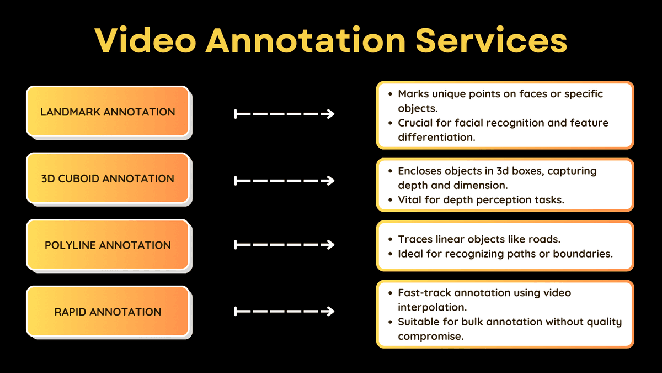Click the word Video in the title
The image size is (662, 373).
[146, 40]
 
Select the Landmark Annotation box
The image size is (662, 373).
[108, 112]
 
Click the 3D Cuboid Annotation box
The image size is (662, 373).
[108, 178]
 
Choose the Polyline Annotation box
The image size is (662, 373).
[108, 245]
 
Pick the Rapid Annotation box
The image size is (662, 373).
[108, 312]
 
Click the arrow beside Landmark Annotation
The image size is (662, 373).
[284, 114]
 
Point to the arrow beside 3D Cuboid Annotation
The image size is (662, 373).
[284, 181]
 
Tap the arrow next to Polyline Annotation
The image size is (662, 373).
[284, 245]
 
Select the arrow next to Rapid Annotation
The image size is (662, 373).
[284, 312]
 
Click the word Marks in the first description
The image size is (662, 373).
[413, 94]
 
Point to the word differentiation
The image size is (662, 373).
[436, 138]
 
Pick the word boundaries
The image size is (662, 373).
[583, 254]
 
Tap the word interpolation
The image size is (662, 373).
[433, 308]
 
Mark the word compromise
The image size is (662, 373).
[431, 337]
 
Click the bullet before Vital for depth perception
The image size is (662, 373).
[391, 200]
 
